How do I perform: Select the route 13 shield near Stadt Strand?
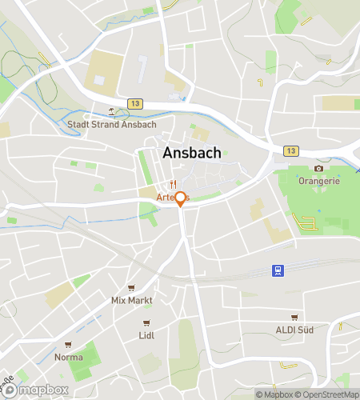point(134,104)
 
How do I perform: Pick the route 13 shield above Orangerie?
point(290,151)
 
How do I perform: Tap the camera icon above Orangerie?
point(318,169)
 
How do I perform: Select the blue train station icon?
point(278,270)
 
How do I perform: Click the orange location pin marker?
point(181,199)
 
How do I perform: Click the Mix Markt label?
point(131,300)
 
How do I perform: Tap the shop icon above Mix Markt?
point(131,288)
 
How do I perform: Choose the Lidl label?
point(146,335)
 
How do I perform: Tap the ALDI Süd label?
point(294,330)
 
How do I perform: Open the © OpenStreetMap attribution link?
point(328,394)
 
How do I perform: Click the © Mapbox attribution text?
point(274,394)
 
